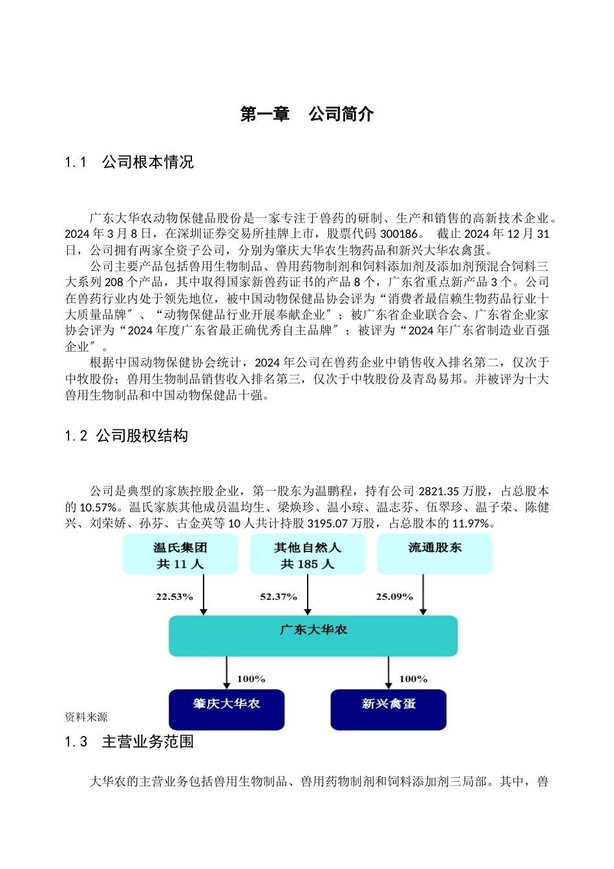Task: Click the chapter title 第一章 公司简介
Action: tap(307, 114)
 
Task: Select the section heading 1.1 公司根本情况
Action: tap(129, 162)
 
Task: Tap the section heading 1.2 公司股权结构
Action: tap(127, 436)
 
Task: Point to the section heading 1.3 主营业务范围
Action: tap(129, 742)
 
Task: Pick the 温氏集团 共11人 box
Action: tap(180, 555)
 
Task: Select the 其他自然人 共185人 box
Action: tap(307, 555)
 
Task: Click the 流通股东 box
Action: tap(434, 554)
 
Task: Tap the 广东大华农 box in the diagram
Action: tap(313, 635)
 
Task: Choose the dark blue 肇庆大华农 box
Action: tap(226, 709)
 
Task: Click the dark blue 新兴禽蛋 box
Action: tap(388, 709)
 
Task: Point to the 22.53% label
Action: tap(175, 597)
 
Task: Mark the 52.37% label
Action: tap(279, 597)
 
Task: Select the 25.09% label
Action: tap(394, 597)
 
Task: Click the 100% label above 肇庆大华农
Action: tap(251, 679)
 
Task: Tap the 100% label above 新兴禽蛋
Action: tap(413, 679)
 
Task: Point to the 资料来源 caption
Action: tap(86, 717)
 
